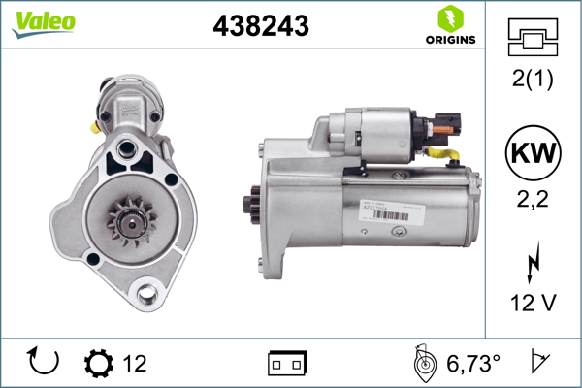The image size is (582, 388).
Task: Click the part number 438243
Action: pyautogui.click(x=260, y=27)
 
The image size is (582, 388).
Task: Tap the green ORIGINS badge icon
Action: pyautogui.click(x=449, y=18)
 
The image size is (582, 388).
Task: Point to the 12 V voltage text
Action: pyautogui.click(x=531, y=304)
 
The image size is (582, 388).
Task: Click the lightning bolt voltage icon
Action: pyautogui.click(x=531, y=264)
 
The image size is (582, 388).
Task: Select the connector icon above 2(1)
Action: pyautogui.click(x=531, y=38)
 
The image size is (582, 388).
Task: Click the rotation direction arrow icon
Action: pyautogui.click(x=45, y=363)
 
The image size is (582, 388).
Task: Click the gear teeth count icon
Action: pyautogui.click(x=99, y=364)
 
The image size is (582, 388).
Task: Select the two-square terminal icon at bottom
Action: pyautogui.click(x=286, y=364)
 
